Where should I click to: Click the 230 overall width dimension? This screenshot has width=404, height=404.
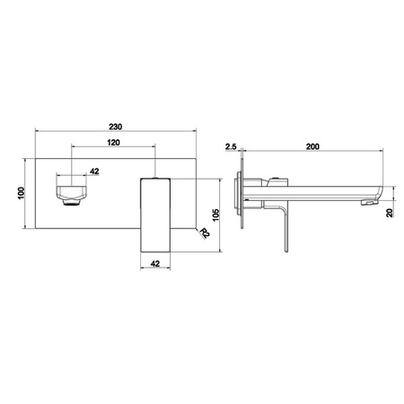115,127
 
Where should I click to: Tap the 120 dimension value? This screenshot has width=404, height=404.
113,143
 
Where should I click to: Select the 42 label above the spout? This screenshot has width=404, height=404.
94,171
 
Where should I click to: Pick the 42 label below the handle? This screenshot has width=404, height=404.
155,264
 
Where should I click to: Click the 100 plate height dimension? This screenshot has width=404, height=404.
22,193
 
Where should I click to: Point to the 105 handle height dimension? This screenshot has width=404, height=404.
215,215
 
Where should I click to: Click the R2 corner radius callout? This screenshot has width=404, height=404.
205,233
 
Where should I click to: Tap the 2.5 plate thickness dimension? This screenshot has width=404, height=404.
231,146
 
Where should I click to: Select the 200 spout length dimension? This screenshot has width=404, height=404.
312,146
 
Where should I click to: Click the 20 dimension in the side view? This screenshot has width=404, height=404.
390,213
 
